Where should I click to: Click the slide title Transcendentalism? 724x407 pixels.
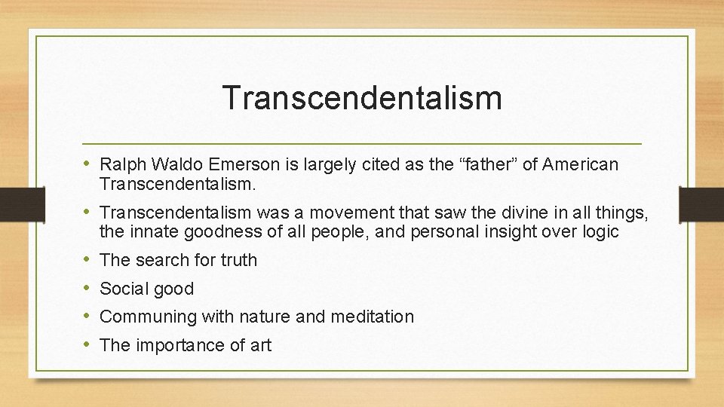362,98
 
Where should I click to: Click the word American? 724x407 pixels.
581,164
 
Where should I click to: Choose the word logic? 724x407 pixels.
600,232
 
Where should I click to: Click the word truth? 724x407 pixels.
238,260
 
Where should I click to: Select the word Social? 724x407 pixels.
124,289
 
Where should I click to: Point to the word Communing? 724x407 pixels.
148,317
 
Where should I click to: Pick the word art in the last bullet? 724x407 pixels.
259,345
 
